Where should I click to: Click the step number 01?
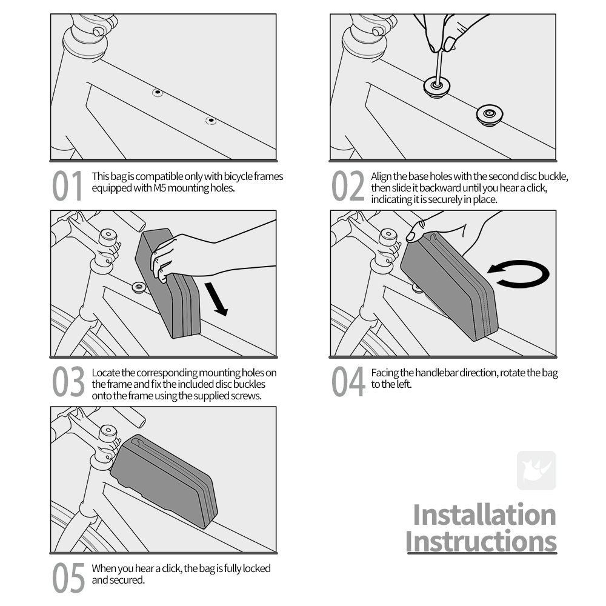point(67,186)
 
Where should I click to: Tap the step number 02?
point(348,186)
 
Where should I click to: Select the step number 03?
point(68,382)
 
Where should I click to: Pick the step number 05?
point(68,578)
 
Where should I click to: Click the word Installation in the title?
point(484,514)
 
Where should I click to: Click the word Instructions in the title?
point(481,541)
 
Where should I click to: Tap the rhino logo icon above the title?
point(536,470)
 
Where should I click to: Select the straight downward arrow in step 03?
point(216,299)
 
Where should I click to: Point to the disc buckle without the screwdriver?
point(490,115)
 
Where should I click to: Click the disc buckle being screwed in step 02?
point(437,87)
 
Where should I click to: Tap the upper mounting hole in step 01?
point(158,92)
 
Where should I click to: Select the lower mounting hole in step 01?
point(211,121)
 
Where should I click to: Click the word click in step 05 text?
point(171,568)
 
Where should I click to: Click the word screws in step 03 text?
point(245,396)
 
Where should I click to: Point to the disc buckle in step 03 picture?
point(139,287)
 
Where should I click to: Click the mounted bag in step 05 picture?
point(164,481)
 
